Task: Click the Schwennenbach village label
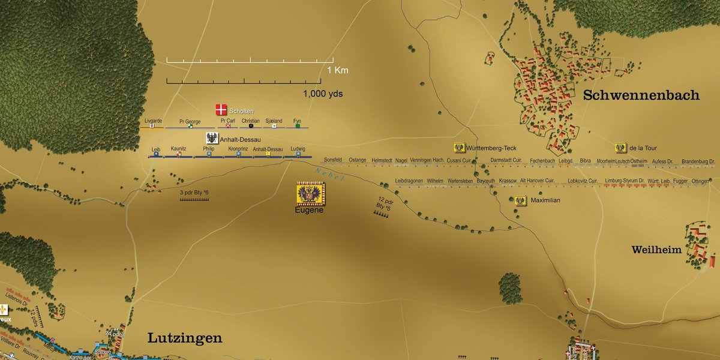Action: [x=641, y=95]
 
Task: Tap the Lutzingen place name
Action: [x=185, y=338]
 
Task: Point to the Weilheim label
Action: [x=656, y=250]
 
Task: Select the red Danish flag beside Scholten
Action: [x=221, y=110]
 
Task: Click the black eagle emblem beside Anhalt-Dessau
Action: [x=212, y=138]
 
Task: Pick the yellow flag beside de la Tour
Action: [x=621, y=148]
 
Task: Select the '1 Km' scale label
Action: [x=337, y=70]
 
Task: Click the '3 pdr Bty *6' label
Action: [x=194, y=193]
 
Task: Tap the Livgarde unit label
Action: [x=154, y=121]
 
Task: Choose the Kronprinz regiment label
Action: [x=238, y=148]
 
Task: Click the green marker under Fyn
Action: [x=297, y=126]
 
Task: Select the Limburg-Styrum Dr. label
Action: [x=624, y=181]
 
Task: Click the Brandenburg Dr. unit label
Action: [x=698, y=161]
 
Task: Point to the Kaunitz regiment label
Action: [x=179, y=148]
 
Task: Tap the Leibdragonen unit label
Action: [x=409, y=181]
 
